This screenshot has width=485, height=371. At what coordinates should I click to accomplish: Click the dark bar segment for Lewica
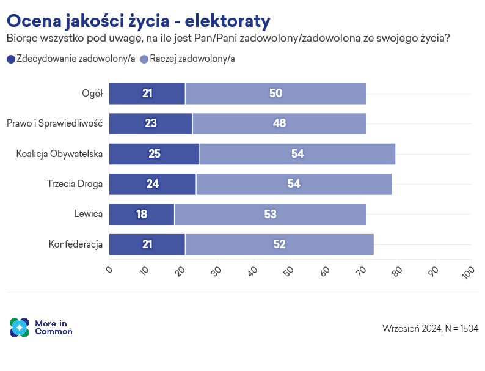click(x=142, y=215)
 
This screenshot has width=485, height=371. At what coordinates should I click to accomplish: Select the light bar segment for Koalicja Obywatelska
click(x=297, y=154)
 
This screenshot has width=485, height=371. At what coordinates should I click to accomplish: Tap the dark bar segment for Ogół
click(x=147, y=94)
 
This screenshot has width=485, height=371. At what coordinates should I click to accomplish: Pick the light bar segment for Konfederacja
click(x=279, y=244)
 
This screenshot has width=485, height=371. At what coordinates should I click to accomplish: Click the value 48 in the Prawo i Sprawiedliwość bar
click(x=280, y=123)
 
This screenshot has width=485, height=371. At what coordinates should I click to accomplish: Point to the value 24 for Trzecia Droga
click(x=153, y=184)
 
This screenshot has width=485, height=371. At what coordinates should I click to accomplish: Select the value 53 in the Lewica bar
click(x=271, y=215)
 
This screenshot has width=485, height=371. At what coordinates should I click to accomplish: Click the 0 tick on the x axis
click(x=109, y=269)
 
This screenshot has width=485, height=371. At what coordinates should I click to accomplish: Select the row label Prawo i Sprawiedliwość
click(x=54, y=123)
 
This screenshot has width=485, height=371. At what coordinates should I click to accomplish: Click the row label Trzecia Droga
click(x=75, y=184)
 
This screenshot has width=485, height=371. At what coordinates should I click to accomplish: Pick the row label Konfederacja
click(x=75, y=244)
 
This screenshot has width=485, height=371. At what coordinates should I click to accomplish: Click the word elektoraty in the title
click(x=227, y=21)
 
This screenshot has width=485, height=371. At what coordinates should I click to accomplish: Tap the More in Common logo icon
click(x=20, y=328)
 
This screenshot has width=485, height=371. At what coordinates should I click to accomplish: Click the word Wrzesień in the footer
click(x=401, y=328)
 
